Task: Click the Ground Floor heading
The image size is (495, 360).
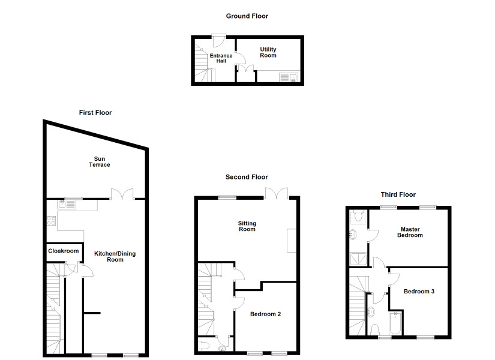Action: [247, 16]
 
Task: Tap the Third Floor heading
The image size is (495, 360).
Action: [398, 194]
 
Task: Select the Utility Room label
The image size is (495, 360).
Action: [268, 52]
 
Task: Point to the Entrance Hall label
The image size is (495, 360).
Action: [221, 58]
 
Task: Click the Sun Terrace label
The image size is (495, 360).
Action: [100, 161]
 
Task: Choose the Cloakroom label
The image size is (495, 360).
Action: [64, 251]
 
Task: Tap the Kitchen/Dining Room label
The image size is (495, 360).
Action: [115, 256]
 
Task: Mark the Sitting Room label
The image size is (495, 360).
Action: [247, 226]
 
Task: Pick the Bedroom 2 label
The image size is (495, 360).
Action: [265, 314]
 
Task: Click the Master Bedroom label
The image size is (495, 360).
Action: [410, 232]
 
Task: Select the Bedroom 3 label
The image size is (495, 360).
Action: [419, 292]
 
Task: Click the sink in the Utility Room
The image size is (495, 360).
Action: [289, 77]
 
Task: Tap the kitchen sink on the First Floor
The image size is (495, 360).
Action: [67, 205]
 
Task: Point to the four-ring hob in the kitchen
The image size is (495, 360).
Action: [51, 221]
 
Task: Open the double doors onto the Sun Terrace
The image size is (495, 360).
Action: [122, 194]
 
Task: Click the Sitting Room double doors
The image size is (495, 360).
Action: [277, 193]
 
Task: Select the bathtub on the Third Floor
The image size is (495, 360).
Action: [395, 323]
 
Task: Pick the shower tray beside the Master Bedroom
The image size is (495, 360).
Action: [358, 259]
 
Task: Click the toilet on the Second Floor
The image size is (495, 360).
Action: [203, 345]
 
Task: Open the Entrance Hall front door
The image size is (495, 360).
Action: [218, 40]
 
